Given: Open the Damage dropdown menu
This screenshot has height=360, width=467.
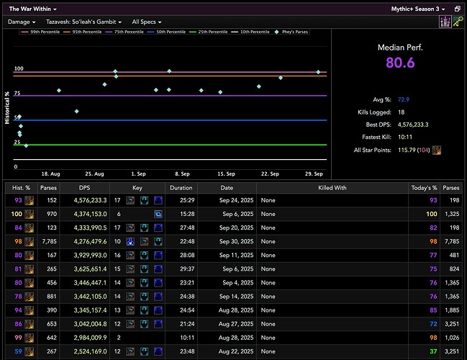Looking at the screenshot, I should (x=21, y=22).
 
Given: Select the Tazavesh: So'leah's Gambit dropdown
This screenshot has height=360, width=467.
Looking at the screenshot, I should (x=83, y=22).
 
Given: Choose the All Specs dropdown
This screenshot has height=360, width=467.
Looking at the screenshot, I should (x=147, y=22).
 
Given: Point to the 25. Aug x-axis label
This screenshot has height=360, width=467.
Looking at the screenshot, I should (x=94, y=174).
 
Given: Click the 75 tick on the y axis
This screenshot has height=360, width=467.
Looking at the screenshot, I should (x=18, y=93).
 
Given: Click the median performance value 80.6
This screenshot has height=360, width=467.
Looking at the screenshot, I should (x=400, y=63).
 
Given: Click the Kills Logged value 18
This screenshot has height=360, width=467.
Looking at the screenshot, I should (x=402, y=112).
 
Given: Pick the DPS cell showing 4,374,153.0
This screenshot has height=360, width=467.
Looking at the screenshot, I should (x=89, y=214).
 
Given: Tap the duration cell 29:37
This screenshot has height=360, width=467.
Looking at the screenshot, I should (x=181, y=269).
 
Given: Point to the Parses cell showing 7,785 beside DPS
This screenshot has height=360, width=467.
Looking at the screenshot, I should (x=48, y=241).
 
